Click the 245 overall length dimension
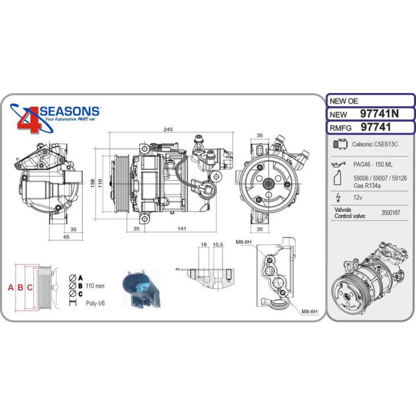[168, 129]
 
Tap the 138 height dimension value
[92, 183]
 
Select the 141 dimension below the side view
[182, 228]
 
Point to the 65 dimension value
[66, 237]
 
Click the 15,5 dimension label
[218, 244]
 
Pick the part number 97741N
[379, 114]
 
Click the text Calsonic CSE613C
[374, 144]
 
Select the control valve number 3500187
[391, 213]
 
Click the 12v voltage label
[358, 198]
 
